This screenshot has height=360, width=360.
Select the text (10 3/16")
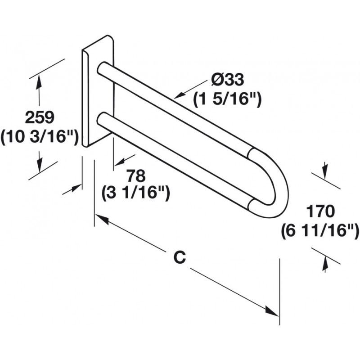(x=40, y=136)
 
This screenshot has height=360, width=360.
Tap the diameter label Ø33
(x=228, y=80)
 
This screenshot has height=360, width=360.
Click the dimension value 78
(x=135, y=175)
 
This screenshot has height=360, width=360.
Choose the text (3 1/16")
(x=135, y=193)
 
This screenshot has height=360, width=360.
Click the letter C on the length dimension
(x=180, y=257)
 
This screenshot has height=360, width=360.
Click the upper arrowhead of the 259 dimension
(x=40, y=80)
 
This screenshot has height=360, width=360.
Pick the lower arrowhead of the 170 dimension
(x=324, y=265)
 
